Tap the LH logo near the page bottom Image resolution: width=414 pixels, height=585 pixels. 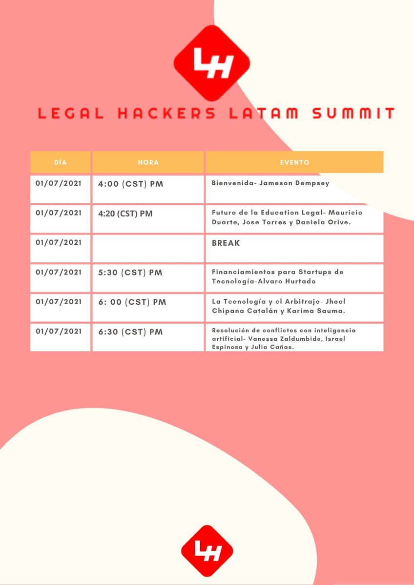[207, 550]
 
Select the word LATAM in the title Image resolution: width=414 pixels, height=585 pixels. [263, 114]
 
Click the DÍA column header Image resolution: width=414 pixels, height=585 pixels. [61, 162]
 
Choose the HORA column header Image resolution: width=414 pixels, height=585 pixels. [148, 162]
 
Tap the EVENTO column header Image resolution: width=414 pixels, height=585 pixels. [294, 162]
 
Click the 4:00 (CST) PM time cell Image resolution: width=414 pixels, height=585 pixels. [130, 184]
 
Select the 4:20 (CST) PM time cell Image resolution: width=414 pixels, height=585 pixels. [125, 214]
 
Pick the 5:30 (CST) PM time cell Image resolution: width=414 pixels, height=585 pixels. [130, 273]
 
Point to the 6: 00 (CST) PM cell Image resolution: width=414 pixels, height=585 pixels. [132, 302]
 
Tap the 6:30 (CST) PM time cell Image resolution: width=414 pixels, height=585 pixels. [130, 332]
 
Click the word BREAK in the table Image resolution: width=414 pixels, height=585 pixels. [226, 243]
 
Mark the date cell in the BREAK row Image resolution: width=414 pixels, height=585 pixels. [59, 243]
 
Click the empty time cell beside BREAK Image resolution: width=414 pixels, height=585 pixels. [148, 248]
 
